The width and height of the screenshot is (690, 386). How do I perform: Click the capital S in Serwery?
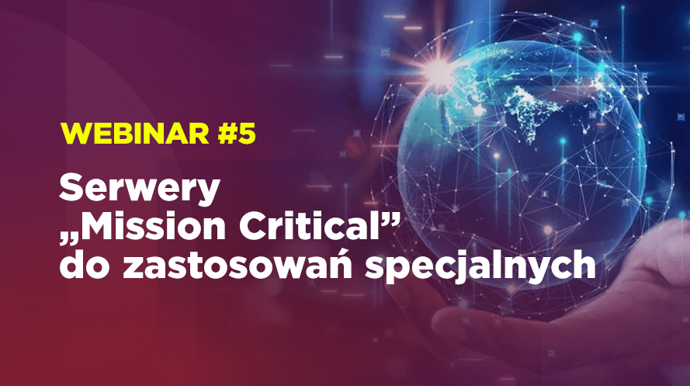click(x=72, y=188)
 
